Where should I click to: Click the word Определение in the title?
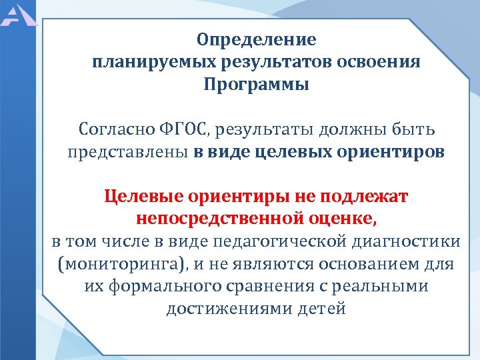(257, 41)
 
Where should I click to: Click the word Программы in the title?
(257, 85)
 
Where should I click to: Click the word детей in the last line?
(324, 309)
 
